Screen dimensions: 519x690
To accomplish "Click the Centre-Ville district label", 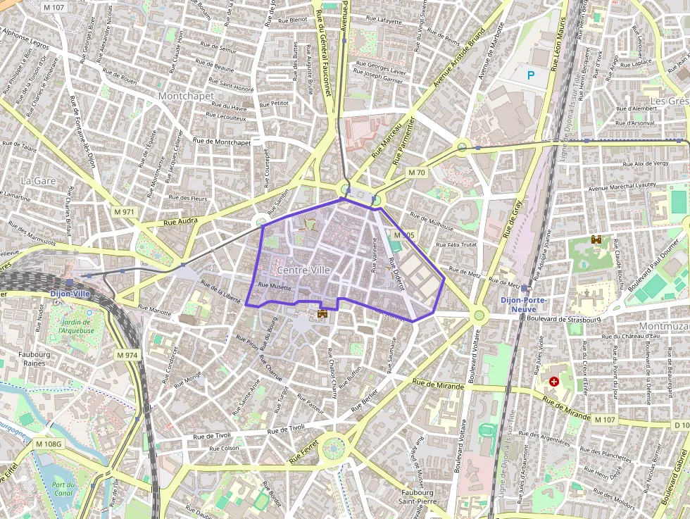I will click(x=304, y=270).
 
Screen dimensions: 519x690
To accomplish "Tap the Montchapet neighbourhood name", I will click(x=187, y=95).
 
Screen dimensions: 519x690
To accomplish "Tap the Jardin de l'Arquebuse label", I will click(x=77, y=326).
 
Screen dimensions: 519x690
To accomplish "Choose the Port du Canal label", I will click(x=63, y=489).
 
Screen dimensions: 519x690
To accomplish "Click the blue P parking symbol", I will click(x=531, y=73).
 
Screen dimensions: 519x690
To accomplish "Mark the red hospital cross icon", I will click(x=554, y=381).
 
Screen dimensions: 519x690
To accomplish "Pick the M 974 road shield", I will click(x=126, y=355).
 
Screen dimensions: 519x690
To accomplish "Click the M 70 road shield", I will click(x=417, y=172).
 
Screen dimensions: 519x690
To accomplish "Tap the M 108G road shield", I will click(x=49, y=444).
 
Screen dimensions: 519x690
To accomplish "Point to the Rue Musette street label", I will click(x=275, y=286).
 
